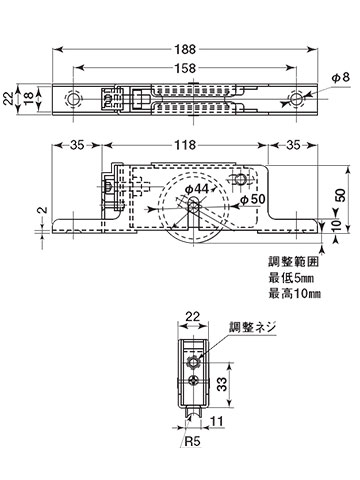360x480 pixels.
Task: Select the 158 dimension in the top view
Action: (x=186, y=69)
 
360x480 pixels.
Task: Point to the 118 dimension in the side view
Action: (x=186, y=145)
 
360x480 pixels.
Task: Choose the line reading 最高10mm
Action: (x=292, y=294)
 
